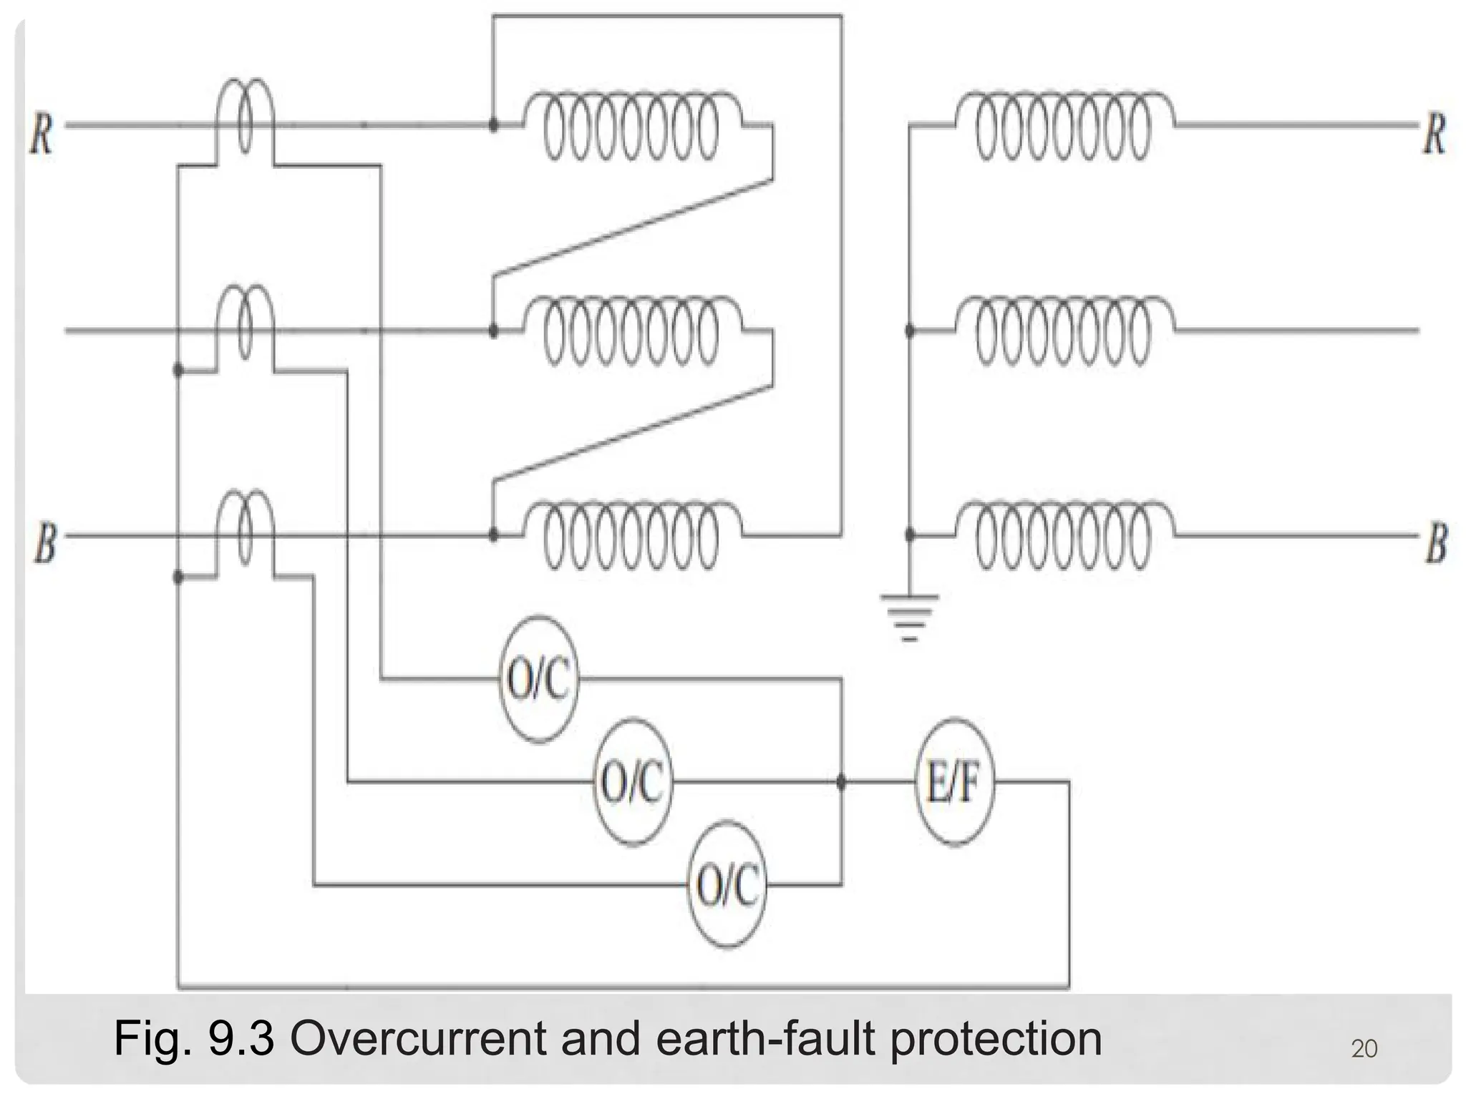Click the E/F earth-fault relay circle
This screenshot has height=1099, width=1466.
pos(955,782)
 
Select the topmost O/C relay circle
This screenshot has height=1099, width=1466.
pos(538,678)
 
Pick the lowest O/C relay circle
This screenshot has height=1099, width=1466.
pos(727,885)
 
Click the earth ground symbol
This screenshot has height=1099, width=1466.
pos(909,615)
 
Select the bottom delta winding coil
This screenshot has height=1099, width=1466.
pos(631,536)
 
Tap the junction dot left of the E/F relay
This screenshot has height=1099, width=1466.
pos(841,782)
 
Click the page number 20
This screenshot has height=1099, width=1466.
pos(1364,1049)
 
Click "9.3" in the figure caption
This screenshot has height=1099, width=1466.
pos(241,1039)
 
